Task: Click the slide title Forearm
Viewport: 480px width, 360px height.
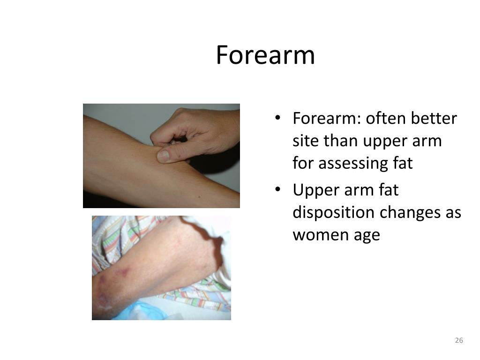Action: pyautogui.click(x=265, y=55)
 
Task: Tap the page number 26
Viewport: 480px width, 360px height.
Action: pyautogui.click(x=459, y=340)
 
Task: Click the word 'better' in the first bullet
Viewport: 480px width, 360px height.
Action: pyautogui.click(x=434, y=119)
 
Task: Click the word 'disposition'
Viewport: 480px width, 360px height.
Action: pyautogui.click(x=333, y=212)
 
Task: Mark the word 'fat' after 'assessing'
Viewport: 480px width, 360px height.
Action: pyautogui.click(x=403, y=164)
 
